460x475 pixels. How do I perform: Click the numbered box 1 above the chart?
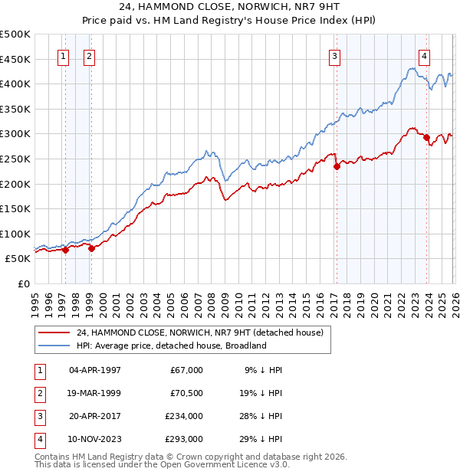(x=63, y=55)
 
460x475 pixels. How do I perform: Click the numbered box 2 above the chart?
(x=89, y=55)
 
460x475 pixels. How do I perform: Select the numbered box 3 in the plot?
(x=335, y=55)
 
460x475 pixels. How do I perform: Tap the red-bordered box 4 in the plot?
(x=424, y=55)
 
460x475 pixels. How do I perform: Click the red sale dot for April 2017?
(x=337, y=166)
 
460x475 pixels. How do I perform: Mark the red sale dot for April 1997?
(x=65, y=250)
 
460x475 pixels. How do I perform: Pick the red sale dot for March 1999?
(x=91, y=248)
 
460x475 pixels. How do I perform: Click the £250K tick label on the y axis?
(x=15, y=159)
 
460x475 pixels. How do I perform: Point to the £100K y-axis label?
(x=15, y=234)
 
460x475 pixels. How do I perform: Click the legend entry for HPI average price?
(x=171, y=346)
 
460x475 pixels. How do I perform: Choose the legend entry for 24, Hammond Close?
(x=201, y=332)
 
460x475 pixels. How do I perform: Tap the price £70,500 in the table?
(x=186, y=393)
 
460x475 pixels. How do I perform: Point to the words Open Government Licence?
(x=222, y=464)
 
